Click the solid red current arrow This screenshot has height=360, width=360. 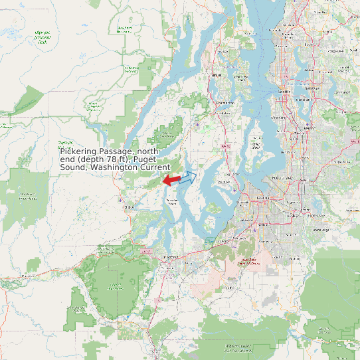click(x=171, y=180)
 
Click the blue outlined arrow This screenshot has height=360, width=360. click(x=188, y=177)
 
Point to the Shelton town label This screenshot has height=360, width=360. click(x=128, y=207)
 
